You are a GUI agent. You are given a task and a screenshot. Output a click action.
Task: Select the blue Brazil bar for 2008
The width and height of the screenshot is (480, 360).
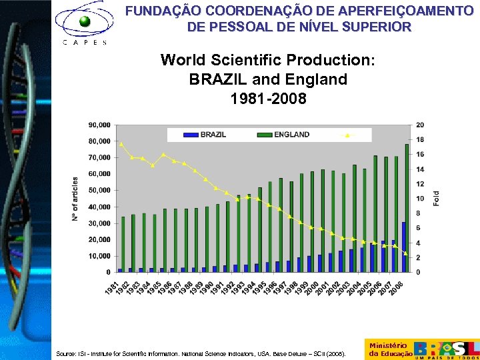tap(403, 247)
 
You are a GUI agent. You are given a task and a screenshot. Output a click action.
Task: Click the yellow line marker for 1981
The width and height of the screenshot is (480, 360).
tap(121, 144)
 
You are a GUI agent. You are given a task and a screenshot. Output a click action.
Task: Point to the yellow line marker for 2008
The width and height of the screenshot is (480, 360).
tap(405, 253)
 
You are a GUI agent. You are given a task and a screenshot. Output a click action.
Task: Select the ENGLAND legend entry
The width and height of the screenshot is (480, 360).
tap(283, 135)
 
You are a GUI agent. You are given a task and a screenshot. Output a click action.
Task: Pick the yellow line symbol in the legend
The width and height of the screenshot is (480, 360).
tap(347, 135)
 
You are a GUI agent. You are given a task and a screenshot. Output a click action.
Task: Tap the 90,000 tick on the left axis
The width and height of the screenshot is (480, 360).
tap(99, 125)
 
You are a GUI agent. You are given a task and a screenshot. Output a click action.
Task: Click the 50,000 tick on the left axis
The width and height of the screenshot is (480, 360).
tap(99, 191)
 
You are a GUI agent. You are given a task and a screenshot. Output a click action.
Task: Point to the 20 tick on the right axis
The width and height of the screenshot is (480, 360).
tap(419, 125)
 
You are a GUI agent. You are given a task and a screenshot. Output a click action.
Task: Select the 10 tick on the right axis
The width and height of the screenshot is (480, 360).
tap(419, 199)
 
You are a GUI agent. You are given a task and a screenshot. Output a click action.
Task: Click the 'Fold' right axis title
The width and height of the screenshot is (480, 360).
tap(437, 198)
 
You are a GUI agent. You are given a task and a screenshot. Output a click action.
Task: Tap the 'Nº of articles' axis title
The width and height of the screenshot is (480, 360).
tap(75, 199)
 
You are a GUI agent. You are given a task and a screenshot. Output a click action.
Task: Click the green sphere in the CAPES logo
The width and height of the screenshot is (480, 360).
tap(85, 21)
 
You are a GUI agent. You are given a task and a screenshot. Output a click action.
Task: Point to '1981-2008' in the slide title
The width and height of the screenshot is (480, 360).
tap(268, 99)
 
